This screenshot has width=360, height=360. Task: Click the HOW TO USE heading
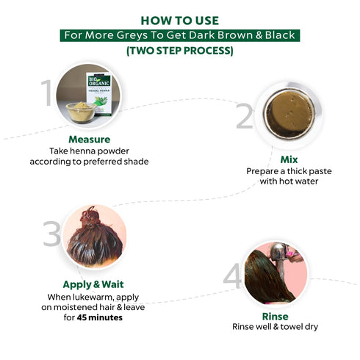coord(180,21)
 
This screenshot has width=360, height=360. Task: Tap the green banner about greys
coord(180,35)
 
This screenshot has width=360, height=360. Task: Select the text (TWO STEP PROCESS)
coord(180,51)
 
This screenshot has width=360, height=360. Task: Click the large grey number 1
coord(46,93)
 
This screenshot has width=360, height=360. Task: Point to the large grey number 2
coord(245,116)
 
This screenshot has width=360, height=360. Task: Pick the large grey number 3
coord(51,234)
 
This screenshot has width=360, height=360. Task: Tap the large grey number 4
coord(232,276)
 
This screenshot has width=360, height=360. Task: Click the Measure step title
coord(90,140)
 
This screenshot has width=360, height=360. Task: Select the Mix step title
coord(289,159)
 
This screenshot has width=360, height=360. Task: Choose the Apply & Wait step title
coord(93,284)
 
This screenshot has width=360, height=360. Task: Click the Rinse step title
coord(275,317)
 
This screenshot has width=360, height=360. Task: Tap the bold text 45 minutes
coord(100,317)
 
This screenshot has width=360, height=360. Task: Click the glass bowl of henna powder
coord(81,112)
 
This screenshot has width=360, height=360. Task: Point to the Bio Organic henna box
coord(99,93)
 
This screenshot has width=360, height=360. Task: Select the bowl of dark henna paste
coord(289,115)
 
